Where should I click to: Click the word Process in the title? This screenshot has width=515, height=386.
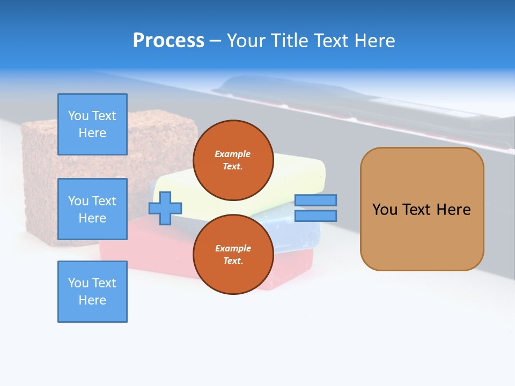point(168,41)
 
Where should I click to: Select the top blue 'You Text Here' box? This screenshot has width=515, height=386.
point(92,124)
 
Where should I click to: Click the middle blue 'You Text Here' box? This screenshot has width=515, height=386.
point(92,209)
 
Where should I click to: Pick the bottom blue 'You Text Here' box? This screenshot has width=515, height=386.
point(92,291)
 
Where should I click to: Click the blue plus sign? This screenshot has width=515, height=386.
point(165,208)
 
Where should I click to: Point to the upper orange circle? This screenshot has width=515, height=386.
point(233,160)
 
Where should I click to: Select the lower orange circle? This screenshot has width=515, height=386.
point(233,254)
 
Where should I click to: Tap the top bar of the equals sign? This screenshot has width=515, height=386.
point(315,200)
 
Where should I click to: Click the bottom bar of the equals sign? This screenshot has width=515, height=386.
point(315,216)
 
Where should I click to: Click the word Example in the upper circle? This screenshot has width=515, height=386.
point(233,154)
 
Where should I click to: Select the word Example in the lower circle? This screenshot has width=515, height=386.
point(233,248)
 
